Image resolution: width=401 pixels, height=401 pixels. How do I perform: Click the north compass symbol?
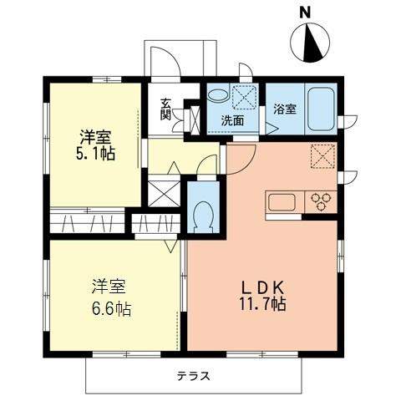(x=312, y=43)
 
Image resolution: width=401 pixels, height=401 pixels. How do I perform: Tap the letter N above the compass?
(x=306, y=11)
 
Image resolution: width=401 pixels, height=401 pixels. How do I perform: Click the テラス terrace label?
(x=192, y=375)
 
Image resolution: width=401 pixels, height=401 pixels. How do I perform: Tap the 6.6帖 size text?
(x=110, y=309)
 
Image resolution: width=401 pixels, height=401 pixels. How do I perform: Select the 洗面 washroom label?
(x=232, y=120)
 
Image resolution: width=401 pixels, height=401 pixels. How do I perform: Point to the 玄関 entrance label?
(x=166, y=109)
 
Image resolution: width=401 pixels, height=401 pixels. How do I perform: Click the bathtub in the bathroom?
(x=322, y=107)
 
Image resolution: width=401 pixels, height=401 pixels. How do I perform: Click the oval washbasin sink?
(x=216, y=97)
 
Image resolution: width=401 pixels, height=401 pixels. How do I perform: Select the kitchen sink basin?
(x=282, y=202)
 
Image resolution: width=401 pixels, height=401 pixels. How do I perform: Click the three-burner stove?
(x=322, y=202)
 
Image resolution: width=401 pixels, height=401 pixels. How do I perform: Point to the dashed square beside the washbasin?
(x=246, y=97)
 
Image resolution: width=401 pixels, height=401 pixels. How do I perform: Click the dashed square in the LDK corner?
(x=322, y=156)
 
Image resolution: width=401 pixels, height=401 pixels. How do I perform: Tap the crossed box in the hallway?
(x=163, y=192)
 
